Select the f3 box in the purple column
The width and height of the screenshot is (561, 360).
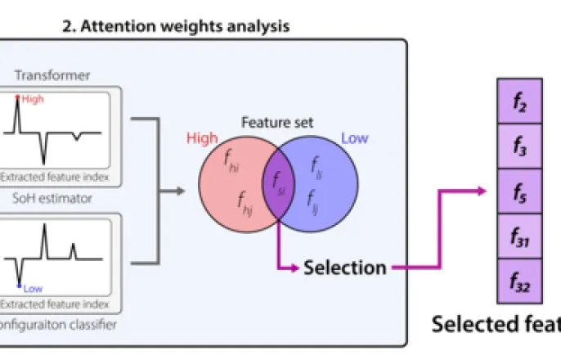pos(519,146)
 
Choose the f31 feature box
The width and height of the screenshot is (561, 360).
pos(519,236)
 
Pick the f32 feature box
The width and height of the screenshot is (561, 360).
pos(519,281)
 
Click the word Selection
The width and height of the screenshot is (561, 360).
pos(345,267)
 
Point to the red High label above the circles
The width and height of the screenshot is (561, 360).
pos(202,138)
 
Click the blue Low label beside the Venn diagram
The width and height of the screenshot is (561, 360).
pos(354,138)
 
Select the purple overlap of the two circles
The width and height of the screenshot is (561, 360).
pos(278,181)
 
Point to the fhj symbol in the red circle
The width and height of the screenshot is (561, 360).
pos(245,199)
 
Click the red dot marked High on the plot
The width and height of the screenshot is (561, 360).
pos(18,98)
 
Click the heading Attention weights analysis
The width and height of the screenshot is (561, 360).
pos(175,26)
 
